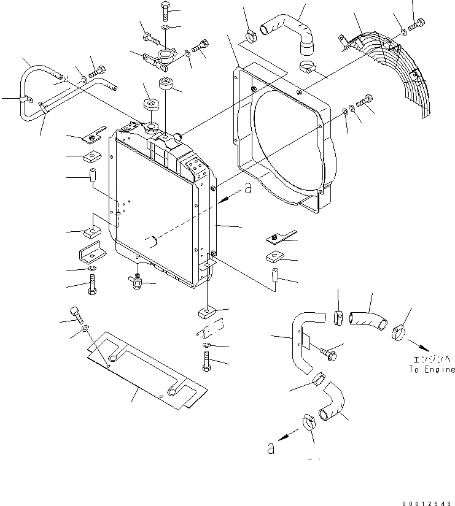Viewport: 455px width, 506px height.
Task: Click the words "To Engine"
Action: [x=432, y=370]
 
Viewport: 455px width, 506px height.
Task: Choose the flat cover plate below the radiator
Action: [x=147, y=371]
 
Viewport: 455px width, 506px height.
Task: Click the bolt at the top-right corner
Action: [x=419, y=25]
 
